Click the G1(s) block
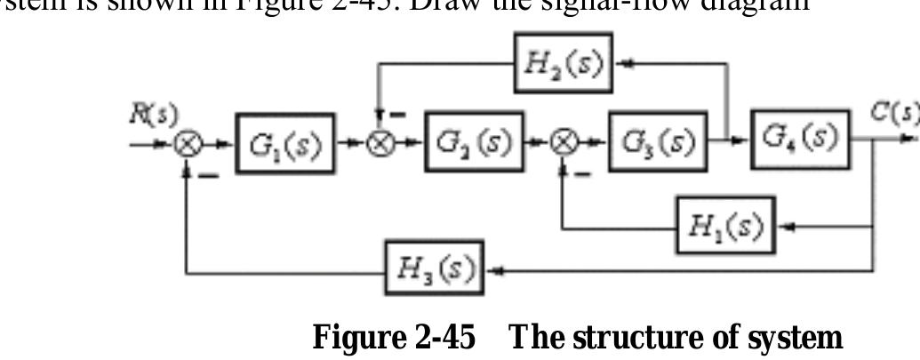point(285,142)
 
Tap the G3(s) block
point(657,141)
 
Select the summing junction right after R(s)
point(186,143)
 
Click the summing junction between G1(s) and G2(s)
point(382,142)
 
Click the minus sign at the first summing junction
point(209,175)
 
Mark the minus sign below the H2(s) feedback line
point(397,116)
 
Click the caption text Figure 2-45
point(394,338)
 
